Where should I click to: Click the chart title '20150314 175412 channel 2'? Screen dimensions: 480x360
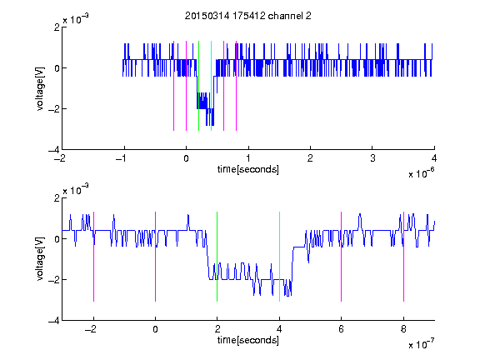tap(248, 16)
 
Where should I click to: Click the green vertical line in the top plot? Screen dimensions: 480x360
tap(198, 86)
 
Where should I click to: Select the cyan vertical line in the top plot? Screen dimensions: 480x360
tap(211, 86)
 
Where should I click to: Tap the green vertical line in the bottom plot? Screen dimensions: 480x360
tap(217, 257)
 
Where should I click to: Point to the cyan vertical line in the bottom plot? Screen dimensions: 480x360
tap(279, 257)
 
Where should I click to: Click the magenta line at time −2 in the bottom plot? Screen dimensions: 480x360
tap(93, 257)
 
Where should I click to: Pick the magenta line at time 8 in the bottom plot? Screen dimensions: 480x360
tap(404, 257)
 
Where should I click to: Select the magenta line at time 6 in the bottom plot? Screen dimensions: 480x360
tap(342, 257)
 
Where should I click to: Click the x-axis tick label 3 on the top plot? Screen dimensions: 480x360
tap(372, 158)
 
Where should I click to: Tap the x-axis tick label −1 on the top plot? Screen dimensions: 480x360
tap(121, 158)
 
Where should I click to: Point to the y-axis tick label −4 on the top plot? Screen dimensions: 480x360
tap(54, 150)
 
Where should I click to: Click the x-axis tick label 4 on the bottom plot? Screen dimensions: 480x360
tap(279, 329)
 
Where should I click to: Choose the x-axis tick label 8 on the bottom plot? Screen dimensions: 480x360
tap(404, 329)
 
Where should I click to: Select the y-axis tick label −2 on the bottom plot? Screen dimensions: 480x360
tap(54, 279)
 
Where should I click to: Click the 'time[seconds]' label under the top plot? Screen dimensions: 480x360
tap(248, 169)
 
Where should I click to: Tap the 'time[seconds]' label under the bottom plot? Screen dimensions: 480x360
tap(248, 340)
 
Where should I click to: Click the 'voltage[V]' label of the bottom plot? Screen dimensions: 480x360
tap(40, 258)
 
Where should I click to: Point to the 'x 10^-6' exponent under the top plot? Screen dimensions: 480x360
tap(422, 173)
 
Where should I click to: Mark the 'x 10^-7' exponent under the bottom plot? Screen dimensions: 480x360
tap(422, 344)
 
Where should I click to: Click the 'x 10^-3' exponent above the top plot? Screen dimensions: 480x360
tap(76, 19)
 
